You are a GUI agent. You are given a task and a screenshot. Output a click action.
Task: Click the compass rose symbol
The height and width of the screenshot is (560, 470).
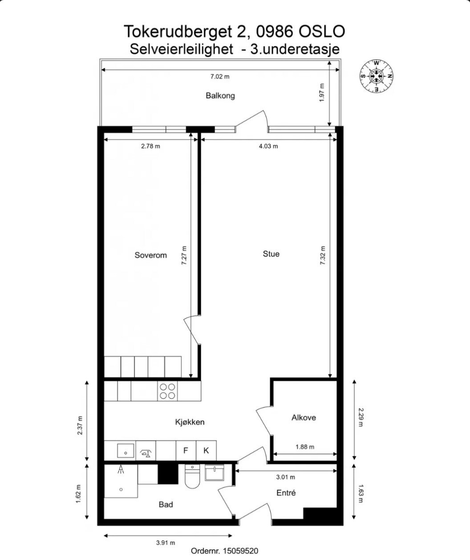(377, 76)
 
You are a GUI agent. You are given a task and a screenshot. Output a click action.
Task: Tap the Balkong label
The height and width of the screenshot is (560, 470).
(220, 96)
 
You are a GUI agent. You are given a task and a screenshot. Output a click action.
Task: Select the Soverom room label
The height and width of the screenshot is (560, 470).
(150, 255)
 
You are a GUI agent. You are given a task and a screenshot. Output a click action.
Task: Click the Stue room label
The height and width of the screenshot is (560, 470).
(271, 254)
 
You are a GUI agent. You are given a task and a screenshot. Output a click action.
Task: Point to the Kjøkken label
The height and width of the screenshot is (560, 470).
(190, 422)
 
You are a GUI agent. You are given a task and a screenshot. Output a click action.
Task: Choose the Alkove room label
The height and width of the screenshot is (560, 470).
(304, 418)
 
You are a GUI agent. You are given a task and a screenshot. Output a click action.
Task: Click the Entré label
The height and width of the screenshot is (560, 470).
(286, 493)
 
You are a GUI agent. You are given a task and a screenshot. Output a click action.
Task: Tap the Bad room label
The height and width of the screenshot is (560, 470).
(166, 504)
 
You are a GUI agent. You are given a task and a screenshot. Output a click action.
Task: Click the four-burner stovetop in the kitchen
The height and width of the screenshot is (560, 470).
(167, 391)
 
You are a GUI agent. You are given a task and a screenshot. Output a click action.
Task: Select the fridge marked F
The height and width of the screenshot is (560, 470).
(186, 451)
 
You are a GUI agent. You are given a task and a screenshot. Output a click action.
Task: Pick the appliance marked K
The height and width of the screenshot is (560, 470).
(206, 451)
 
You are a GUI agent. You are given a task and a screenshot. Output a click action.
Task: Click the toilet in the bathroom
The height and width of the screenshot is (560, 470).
(193, 477)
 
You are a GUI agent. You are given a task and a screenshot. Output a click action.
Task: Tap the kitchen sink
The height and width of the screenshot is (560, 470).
(126, 451)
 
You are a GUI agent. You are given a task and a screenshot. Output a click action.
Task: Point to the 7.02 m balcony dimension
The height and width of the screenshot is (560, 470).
(220, 77)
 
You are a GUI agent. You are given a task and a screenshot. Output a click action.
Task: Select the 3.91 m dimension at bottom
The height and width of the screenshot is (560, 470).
(166, 542)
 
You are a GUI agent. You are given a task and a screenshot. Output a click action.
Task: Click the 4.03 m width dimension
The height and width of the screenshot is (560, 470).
(268, 146)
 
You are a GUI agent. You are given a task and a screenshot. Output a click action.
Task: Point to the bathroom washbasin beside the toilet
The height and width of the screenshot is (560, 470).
(216, 472)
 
